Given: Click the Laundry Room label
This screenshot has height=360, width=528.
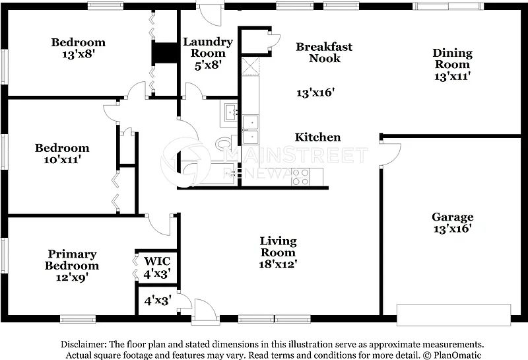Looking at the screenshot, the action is click(208, 48).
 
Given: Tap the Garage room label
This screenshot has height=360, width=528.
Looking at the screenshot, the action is click(453, 217).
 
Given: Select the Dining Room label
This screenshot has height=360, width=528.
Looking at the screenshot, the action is click(452, 58).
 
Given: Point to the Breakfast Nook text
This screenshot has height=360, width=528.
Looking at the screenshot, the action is click(324, 52).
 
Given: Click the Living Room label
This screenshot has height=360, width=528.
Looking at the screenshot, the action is click(278, 246).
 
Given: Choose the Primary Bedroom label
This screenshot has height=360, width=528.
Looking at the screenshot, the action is click(72, 260).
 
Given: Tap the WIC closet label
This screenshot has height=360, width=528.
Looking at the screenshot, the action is click(157, 261).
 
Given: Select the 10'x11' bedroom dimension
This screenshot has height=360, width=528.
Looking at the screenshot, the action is click(62, 159).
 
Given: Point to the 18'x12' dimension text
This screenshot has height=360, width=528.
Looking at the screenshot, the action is click(278, 264).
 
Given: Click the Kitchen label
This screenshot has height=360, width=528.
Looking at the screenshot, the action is click(317, 137).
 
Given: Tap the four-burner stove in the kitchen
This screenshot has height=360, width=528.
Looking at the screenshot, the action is click(300, 177).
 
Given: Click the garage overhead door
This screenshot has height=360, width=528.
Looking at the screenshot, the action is click(453, 315).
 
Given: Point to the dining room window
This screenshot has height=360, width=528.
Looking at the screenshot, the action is click(448, 6).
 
